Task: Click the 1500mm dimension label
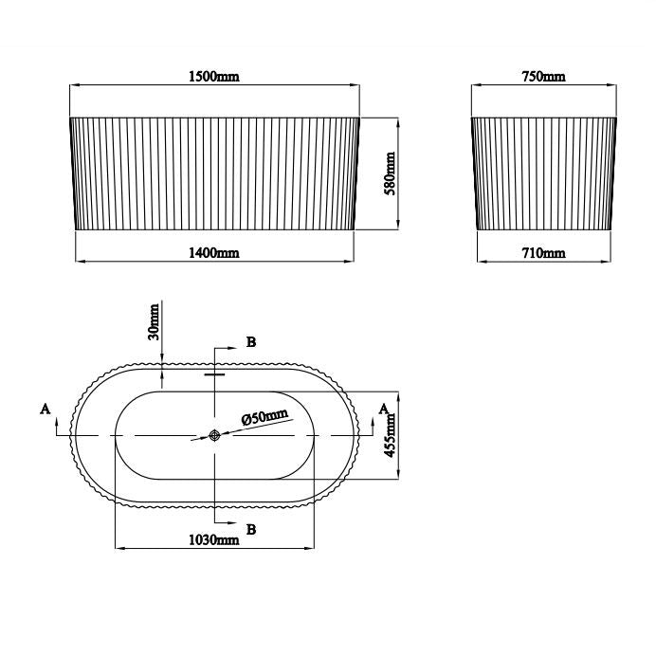(x=214, y=77)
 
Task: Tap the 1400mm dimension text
(x=214, y=253)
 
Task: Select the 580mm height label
(x=390, y=173)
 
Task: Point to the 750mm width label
(x=543, y=77)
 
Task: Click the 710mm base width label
(x=543, y=253)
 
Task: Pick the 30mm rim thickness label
(x=155, y=322)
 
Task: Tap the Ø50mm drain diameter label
(x=265, y=417)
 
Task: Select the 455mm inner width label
(x=390, y=435)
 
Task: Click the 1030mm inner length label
(x=214, y=539)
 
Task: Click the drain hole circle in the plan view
(x=214, y=435)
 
